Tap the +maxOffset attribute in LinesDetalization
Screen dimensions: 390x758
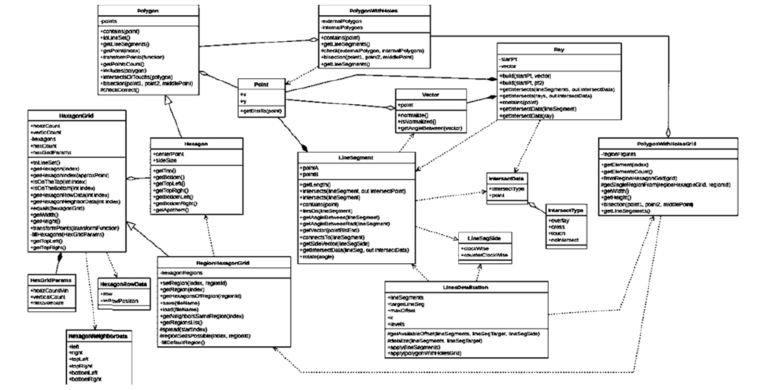tap(403, 311)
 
